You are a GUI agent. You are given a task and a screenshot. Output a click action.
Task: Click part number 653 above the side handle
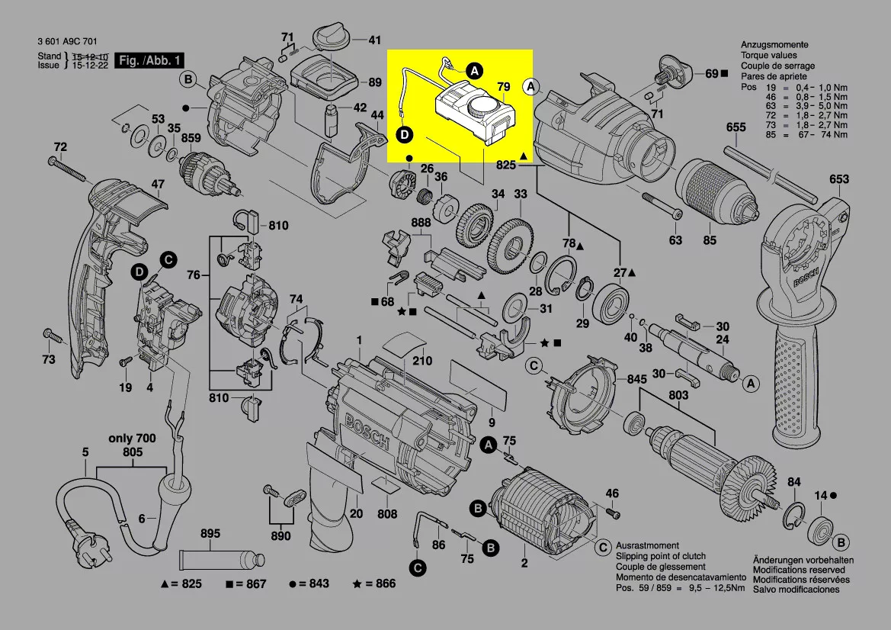point(838,180)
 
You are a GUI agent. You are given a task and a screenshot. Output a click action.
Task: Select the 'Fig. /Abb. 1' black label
point(149,60)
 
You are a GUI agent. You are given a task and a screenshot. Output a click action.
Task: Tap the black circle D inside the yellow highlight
point(405,134)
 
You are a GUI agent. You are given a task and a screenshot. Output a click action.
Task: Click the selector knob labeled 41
point(333,36)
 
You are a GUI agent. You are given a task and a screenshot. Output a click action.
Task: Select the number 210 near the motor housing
point(422,361)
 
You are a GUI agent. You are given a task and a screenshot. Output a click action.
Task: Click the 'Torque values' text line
point(769,56)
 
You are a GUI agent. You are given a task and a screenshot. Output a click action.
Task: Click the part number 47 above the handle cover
point(157,184)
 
